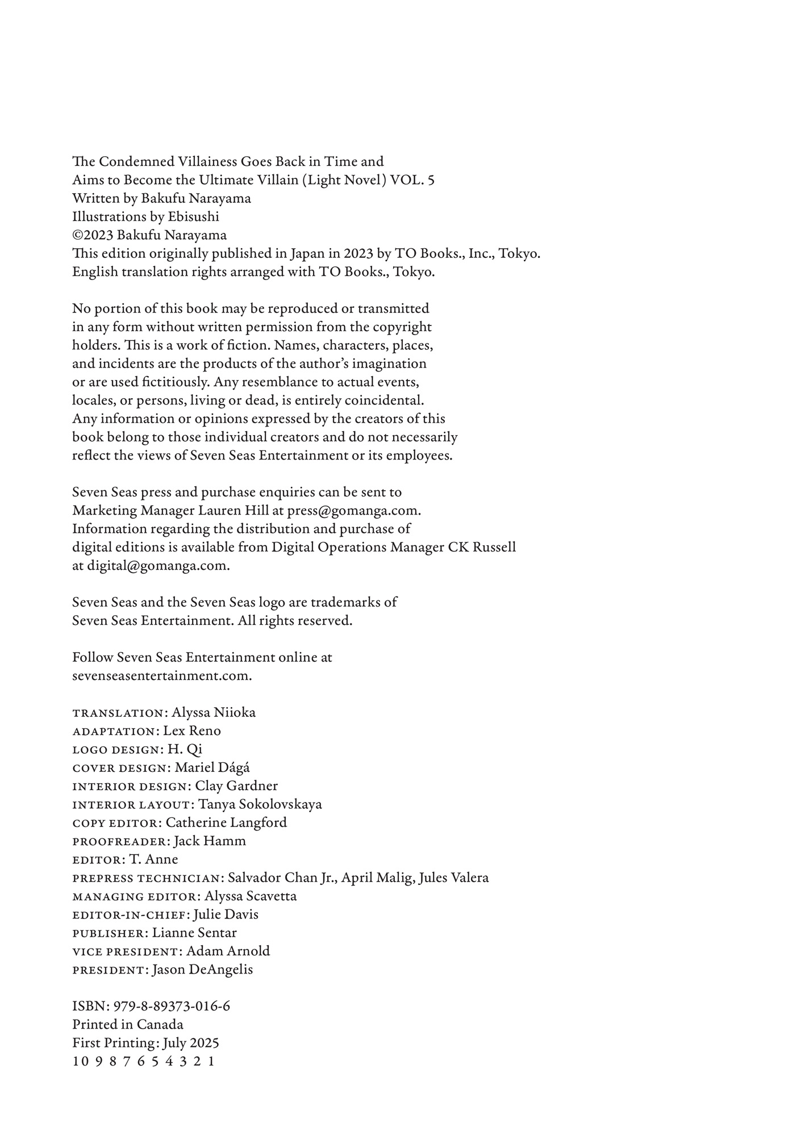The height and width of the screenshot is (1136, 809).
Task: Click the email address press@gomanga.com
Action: tap(353, 511)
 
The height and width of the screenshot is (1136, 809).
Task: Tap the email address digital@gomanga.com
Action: tap(157, 566)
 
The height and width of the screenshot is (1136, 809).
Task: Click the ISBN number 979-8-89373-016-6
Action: tap(172, 1006)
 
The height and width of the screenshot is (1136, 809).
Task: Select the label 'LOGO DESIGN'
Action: tap(116, 750)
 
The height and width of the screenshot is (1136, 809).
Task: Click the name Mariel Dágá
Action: tap(212, 768)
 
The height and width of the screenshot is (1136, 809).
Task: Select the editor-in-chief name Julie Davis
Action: tap(226, 914)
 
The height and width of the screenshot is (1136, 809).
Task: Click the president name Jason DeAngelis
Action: tap(202, 970)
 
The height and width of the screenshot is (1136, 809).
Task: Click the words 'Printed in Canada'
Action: tap(128, 1025)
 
